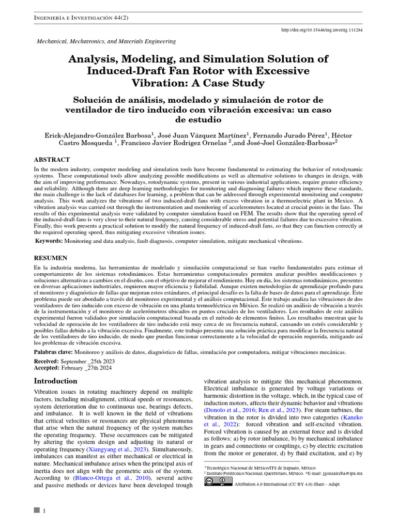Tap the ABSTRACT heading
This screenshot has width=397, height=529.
pos(52,160)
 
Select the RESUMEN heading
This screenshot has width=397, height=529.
pos(51,257)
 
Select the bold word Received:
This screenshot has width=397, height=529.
pos(47,361)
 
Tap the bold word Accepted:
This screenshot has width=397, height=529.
pos(47,368)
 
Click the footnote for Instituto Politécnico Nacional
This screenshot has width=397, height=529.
pos(253,473)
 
